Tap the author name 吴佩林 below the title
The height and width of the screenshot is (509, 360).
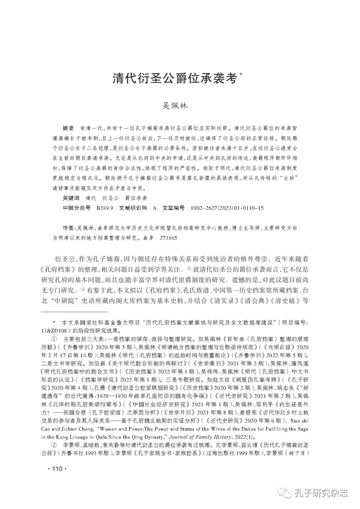[x=175, y=106]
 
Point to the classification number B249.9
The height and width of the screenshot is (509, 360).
[x=105, y=208]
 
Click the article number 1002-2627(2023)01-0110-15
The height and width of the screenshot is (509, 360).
[x=227, y=208]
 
